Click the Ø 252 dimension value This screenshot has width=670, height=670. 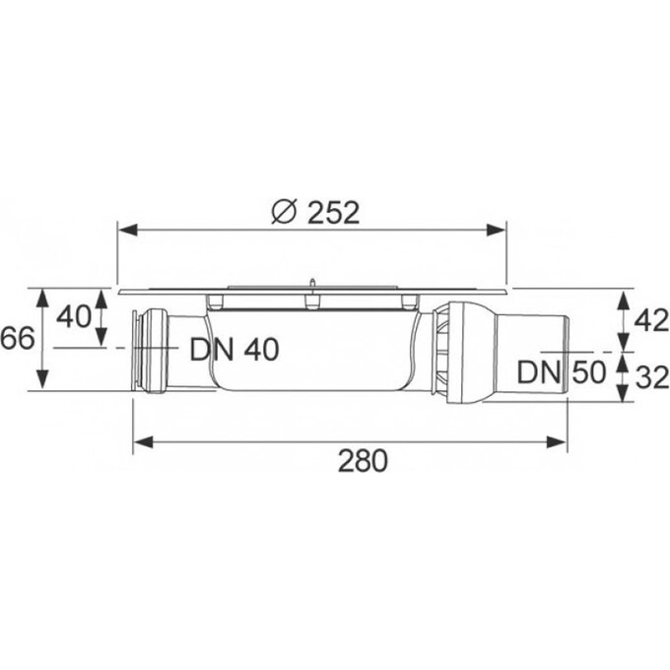click(x=315, y=213)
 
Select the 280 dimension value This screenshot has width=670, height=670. click(x=363, y=461)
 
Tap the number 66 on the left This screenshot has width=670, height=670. click(x=17, y=340)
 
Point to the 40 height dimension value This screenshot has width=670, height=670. click(x=74, y=317)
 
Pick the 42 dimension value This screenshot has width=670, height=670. click(x=651, y=320)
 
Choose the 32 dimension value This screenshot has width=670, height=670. click(x=652, y=377)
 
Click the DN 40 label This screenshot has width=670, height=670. click(x=234, y=349)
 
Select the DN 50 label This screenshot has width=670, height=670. click(x=561, y=371)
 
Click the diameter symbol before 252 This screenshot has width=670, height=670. click(x=284, y=213)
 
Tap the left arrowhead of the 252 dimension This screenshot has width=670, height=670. click(x=128, y=230)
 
